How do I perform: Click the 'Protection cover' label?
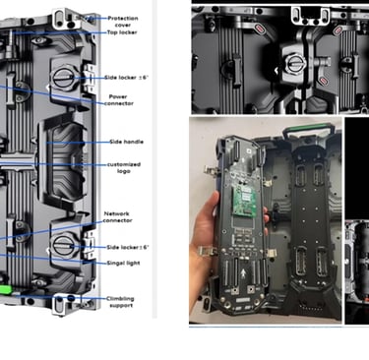123,22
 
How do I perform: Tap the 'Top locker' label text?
122,32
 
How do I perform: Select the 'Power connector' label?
119,100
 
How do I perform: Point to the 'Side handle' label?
126,142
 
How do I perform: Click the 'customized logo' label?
124,168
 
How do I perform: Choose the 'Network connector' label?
117,217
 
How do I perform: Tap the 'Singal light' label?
123,263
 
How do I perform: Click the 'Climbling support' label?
120,302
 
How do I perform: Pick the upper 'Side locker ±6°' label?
126,78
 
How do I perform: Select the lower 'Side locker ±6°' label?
127,247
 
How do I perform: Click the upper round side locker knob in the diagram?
62,78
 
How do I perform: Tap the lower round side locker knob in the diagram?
63,247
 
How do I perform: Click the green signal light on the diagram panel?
6,289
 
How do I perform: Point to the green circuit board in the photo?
244,202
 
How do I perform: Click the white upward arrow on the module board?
243,272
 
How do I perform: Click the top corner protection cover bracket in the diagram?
66,19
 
